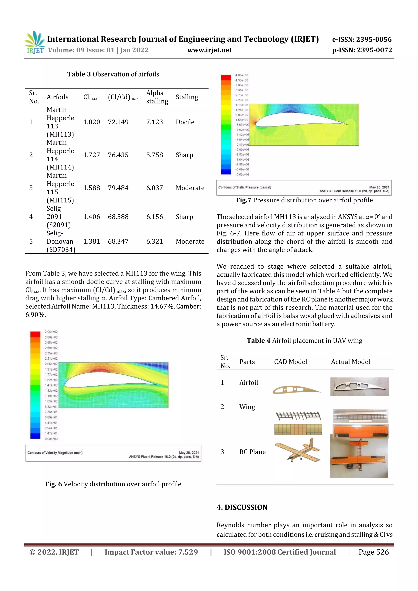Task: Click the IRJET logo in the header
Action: point(35,42)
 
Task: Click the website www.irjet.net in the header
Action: point(209,50)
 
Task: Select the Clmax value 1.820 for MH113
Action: point(91,122)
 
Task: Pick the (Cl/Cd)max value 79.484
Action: point(118,188)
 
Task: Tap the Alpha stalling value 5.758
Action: point(155,155)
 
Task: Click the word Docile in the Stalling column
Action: point(185,122)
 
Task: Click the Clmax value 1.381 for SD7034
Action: point(91,242)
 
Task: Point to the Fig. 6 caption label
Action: point(53,484)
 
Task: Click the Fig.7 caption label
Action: point(243,200)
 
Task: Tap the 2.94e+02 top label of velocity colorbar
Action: point(51,332)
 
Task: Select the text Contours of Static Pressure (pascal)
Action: point(245,187)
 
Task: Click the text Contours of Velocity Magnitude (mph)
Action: point(55,452)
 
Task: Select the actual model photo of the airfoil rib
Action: point(359,387)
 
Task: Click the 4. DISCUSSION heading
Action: point(242,507)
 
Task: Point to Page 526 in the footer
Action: point(374,552)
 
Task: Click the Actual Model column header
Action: point(350,362)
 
